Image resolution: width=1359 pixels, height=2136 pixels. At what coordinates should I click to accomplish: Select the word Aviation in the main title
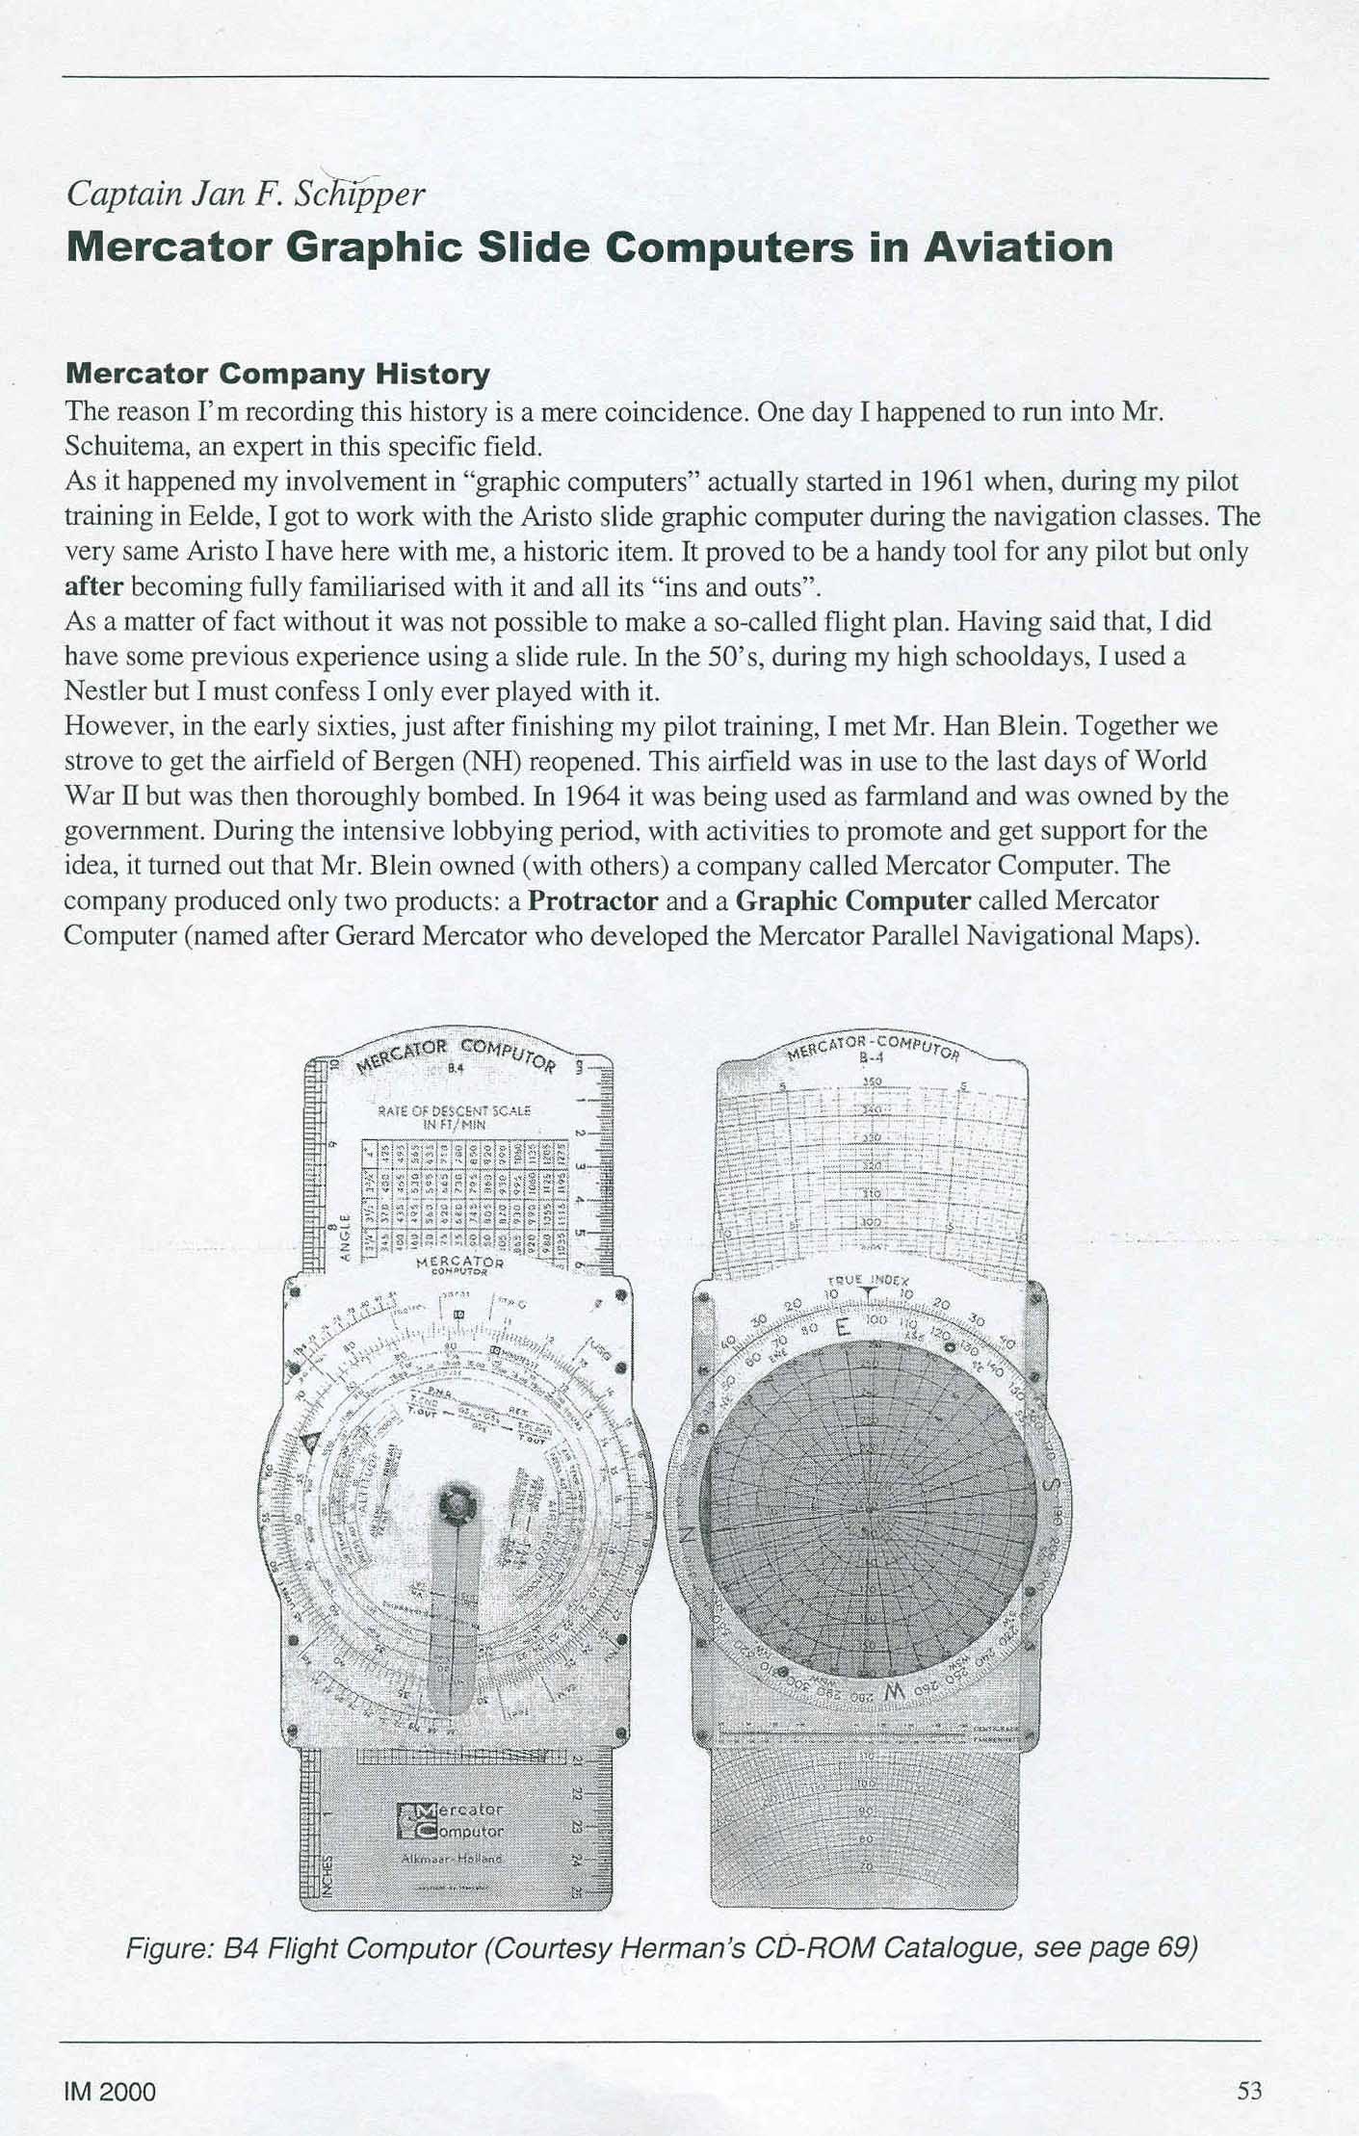click(1018, 247)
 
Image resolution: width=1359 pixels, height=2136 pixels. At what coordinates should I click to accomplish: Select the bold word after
click(94, 586)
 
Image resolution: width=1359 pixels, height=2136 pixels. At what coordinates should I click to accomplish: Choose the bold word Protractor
click(593, 900)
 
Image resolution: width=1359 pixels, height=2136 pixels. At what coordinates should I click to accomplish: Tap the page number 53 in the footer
click(1249, 2091)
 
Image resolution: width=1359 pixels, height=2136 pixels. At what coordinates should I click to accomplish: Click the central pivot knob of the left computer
click(453, 1504)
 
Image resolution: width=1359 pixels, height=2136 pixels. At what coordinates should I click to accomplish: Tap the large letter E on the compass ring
click(843, 1329)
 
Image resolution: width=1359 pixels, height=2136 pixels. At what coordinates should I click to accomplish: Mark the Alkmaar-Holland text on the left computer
click(452, 1857)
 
